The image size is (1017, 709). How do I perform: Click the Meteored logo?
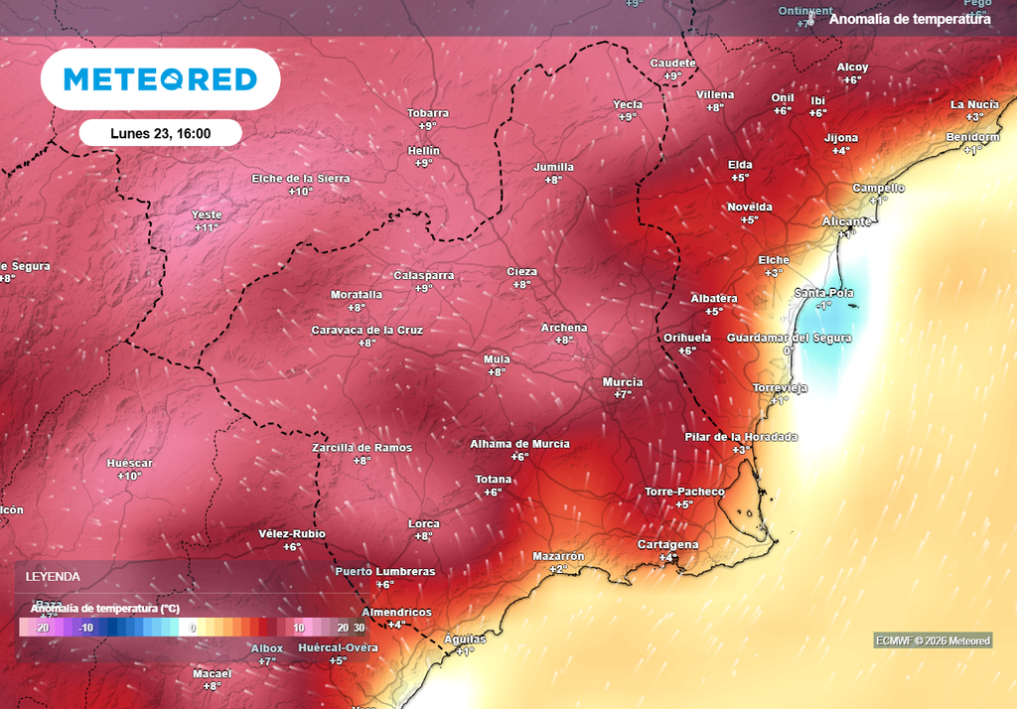click(x=160, y=79)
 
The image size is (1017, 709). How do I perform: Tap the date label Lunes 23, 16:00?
click(x=160, y=132)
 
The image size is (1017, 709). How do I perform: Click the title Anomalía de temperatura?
click(x=909, y=19)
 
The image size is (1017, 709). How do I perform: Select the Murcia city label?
click(x=623, y=382)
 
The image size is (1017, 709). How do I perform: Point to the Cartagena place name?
click(x=667, y=544)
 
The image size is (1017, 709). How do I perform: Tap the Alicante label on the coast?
click(x=846, y=221)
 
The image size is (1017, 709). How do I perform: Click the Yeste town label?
click(x=207, y=214)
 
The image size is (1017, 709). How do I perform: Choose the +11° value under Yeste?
click(x=207, y=227)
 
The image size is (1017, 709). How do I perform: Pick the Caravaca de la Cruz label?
click(x=367, y=330)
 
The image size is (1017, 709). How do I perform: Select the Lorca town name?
click(x=424, y=523)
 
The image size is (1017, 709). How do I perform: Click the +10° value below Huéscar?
click(x=130, y=477)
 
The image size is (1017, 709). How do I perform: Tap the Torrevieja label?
click(x=780, y=387)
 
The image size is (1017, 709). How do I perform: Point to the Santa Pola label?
click(x=823, y=293)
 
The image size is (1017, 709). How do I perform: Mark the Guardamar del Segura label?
click(x=790, y=338)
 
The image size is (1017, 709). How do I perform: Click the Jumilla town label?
click(x=553, y=167)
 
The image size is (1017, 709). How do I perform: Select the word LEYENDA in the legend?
click(x=53, y=576)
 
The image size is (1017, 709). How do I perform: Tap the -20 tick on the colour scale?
click(x=42, y=628)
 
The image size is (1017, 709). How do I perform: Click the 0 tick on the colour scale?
click(x=194, y=628)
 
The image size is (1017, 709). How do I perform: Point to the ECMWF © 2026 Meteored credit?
click(x=933, y=640)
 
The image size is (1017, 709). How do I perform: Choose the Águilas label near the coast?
click(x=464, y=638)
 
